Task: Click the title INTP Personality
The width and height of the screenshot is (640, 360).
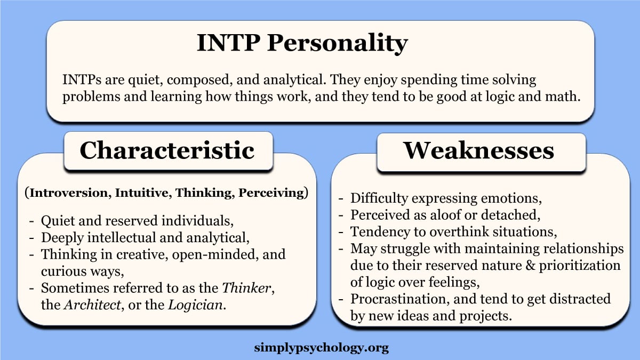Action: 302,43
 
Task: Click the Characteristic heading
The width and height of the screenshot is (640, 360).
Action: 167,150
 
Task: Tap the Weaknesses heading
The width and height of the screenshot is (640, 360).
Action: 478,150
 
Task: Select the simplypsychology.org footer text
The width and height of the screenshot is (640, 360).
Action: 322,348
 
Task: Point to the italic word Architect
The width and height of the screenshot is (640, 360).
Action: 87,306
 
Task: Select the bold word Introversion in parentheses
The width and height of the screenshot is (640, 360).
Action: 68,194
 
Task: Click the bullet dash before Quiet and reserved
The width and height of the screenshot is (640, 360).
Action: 33,221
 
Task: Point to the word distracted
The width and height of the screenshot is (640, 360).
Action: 577,299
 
